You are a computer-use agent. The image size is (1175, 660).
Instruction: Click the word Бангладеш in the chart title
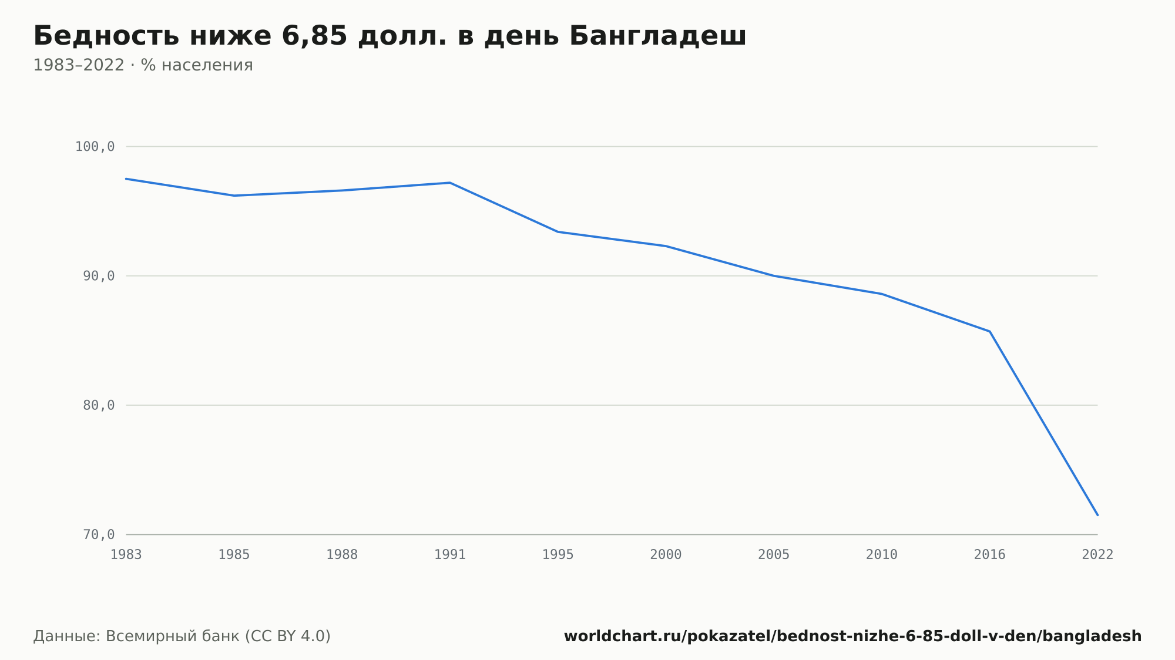pyautogui.click(x=657, y=36)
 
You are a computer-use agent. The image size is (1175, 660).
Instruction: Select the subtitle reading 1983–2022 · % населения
pyautogui.click(x=143, y=65)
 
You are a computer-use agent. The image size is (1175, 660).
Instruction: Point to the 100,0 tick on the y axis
pyautogui.click(x=95, y=147)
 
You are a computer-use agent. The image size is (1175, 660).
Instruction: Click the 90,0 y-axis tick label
pyautogui.click(x=99, y=276)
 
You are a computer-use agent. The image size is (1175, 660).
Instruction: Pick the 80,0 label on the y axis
pyautogui.click(x=99, y=405)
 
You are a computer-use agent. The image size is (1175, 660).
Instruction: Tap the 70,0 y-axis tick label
pyautogui.click(x=99, y=534)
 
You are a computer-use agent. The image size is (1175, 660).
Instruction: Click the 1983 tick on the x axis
pyautogui.click(x=126, y=555)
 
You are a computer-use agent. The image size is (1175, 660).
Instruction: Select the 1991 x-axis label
pyautogui.click(x=450, y=555)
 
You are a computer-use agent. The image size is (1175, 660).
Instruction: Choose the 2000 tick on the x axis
pyautogui.click(x=666, y=555)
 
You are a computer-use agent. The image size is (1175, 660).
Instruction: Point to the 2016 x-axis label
pyautogui.click(x=990, y=555)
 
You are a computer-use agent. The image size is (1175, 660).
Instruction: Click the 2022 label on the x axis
pyautogui.click(x=1097, y=555)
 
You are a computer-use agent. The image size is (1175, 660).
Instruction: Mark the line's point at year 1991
pyautogui.click(x=450, y=183)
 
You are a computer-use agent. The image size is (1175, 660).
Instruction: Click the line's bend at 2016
pyautogui.click(x=990, y=331)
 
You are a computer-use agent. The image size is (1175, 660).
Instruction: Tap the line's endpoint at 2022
pyautogui.click(x=1097, y=515)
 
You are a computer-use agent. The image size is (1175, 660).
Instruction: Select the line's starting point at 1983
pyautogui.click(x=126, y=179)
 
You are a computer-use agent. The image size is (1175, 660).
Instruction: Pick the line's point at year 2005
pyautogui.click(x=774, y=276)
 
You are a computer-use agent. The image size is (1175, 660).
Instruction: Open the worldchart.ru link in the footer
pyautogui.click(x=852, y=637)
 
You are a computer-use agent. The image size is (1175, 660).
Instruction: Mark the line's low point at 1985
pyautogui.click(x=234, y=196)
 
